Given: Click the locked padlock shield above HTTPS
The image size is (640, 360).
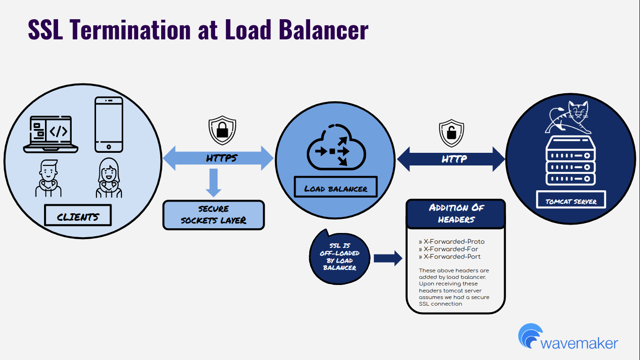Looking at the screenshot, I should click(222, 130).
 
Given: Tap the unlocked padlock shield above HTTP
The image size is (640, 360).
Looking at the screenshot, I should click(451, 132).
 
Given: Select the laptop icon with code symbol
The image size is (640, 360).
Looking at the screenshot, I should click(51, 134).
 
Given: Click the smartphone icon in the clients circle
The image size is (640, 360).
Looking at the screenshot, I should click(109, 124).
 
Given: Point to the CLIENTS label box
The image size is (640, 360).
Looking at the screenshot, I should click(78, 217).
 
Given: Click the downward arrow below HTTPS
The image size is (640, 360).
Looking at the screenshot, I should click(214, 182).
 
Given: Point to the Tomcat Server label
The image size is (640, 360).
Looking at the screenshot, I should click(571, 201).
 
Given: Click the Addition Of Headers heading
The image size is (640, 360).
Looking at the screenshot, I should click(456, 213).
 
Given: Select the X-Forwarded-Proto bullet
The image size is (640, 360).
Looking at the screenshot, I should click(452, 242).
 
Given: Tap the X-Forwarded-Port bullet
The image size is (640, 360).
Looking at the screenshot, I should click(450, 257).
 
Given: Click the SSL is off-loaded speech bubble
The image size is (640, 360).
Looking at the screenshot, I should click(340, 257).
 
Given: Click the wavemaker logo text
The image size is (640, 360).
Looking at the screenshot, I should click(579, 343).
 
